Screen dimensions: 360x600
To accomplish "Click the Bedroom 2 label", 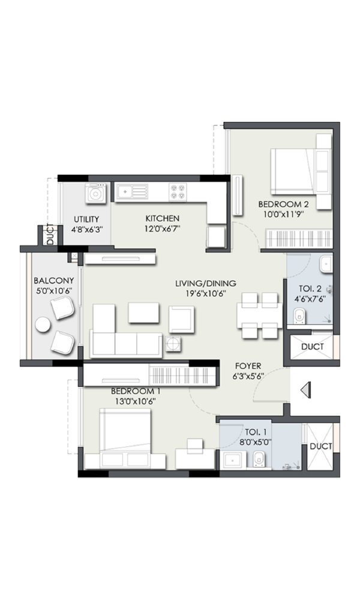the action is pyautogui.click(x=283, y=205).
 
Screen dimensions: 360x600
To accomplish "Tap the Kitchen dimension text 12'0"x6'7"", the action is pyautogui.click(x=163, y=229).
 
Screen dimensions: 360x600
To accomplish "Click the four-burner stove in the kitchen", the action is pyautogui.click(x=178, y=192).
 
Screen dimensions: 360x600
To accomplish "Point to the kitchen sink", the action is pyautogui.click(x=132, y=191).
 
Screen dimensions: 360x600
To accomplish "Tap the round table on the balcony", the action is pyautogui.click(x=43, y=325).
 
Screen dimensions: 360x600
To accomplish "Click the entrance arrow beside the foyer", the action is pyautogui.click(x=305, y=391).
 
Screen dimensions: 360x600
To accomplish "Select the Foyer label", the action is pyautogui.click(x=248, y=366).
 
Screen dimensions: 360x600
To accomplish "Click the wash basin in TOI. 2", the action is pyautogui.click(x=326, y=265).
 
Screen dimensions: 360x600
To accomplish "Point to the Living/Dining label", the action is pyautogui.click(x=206, y=284).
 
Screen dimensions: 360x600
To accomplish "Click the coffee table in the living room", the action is pyautogui.click(x=144, y=313).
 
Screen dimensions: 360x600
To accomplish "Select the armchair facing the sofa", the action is pyautogui.click(x=181, y=320).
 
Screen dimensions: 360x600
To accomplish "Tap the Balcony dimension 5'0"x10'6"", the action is pyautogui.click(x=54, y=291).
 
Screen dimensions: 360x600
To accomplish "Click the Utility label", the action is pyautogui.click(x=86, y=219).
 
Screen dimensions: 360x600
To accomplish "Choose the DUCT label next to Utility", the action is pyautogui.click(x=50, y=234).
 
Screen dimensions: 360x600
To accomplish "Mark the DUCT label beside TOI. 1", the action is pyautogui.click(x=321, y=446).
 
